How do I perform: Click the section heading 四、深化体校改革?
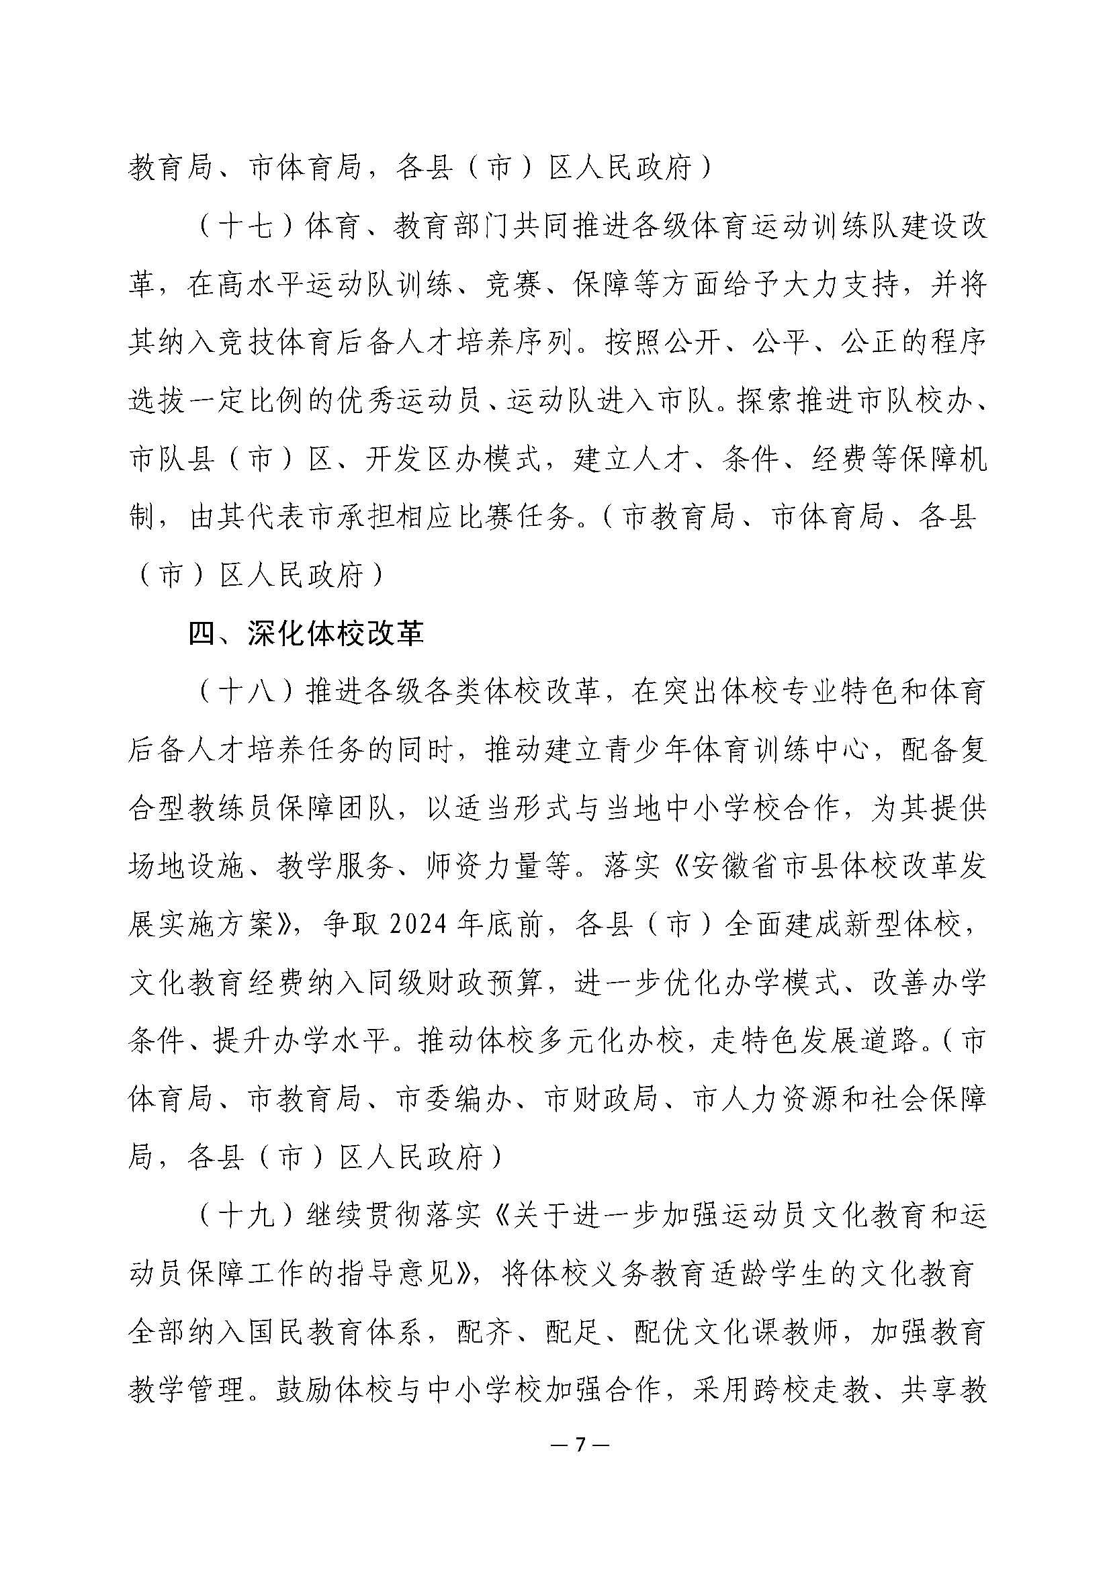[306, 634]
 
